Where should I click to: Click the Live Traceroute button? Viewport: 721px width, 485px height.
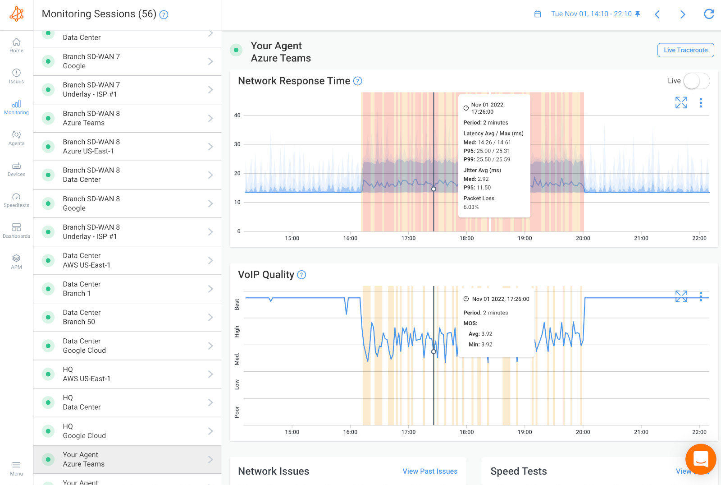[x=685, y=50]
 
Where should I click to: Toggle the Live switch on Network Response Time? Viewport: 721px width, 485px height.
[x=696, y=81]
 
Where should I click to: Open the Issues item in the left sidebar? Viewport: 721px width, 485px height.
[x=16, y=76]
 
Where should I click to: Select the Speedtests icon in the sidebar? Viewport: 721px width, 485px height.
[x=16, y=200]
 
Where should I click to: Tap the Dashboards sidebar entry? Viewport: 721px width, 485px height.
[x=16, y=231]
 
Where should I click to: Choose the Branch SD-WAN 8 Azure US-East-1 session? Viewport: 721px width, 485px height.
[x=127, y=147]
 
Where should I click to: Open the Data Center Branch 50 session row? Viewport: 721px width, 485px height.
[x=127, y=317]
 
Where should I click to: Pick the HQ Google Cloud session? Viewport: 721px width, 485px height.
[x=127, y=431]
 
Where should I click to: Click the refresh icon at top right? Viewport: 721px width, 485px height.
[x=709, y=14]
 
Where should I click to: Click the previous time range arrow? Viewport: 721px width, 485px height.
[x=657, y=14]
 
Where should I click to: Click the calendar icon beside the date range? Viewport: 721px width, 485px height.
[x=538, y=14]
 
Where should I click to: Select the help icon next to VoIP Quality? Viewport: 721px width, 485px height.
[x=301, y=275]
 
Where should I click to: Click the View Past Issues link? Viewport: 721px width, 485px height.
[x=429, y=471]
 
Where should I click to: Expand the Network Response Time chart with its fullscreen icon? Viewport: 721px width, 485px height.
[x=681, y=103]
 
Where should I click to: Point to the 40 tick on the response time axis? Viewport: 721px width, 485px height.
[x=237, y=115]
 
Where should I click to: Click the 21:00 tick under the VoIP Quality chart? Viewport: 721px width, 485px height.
[x=641, y=432]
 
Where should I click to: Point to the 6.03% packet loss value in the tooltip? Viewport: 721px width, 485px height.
[x=471, y=207]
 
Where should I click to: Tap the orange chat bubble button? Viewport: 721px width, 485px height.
[x=700, y=459]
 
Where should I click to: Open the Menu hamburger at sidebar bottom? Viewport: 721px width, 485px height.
[x=16, y=468]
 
